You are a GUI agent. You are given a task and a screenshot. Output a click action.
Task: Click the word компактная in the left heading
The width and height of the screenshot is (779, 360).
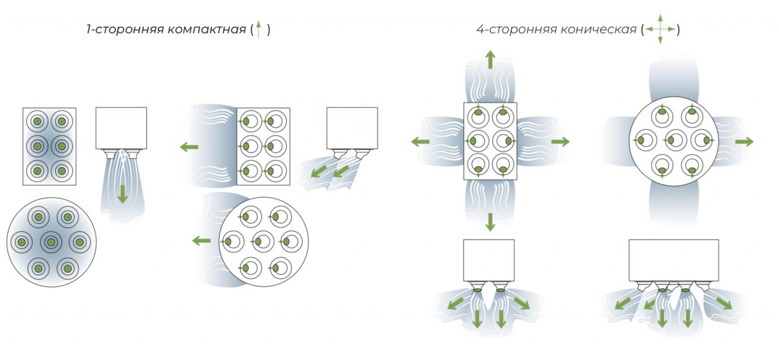206,29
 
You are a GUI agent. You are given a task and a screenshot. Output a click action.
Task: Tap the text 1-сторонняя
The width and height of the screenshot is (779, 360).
125,29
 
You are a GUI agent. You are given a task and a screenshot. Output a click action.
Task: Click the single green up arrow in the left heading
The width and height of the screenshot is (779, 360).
258,29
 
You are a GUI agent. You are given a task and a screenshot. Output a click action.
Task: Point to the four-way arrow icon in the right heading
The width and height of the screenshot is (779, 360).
660,29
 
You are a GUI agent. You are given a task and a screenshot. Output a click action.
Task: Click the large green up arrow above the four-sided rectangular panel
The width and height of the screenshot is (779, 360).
490,59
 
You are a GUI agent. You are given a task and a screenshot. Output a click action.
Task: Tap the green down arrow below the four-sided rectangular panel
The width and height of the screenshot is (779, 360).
490,223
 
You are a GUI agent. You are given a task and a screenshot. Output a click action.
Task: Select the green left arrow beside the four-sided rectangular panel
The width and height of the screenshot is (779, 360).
420,141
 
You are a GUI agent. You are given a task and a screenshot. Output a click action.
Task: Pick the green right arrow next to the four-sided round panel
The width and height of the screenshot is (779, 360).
744,141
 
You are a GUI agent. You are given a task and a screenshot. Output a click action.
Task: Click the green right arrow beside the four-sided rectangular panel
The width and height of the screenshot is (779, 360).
560,141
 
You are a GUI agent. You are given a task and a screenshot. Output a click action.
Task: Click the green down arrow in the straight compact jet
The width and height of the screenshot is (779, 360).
122,194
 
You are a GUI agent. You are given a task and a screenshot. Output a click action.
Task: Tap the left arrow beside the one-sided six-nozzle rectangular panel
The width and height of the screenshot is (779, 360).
189,147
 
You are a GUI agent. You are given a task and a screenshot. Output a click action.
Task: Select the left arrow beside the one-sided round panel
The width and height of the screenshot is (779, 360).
201,240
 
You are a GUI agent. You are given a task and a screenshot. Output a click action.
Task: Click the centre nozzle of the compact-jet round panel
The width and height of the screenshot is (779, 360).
51,242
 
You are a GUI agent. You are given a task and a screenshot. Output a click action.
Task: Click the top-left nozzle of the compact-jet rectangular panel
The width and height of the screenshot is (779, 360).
37,121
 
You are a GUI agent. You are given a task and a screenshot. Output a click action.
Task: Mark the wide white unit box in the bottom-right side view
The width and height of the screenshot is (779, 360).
674,260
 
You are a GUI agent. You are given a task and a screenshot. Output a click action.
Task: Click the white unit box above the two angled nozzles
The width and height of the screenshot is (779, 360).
352,128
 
